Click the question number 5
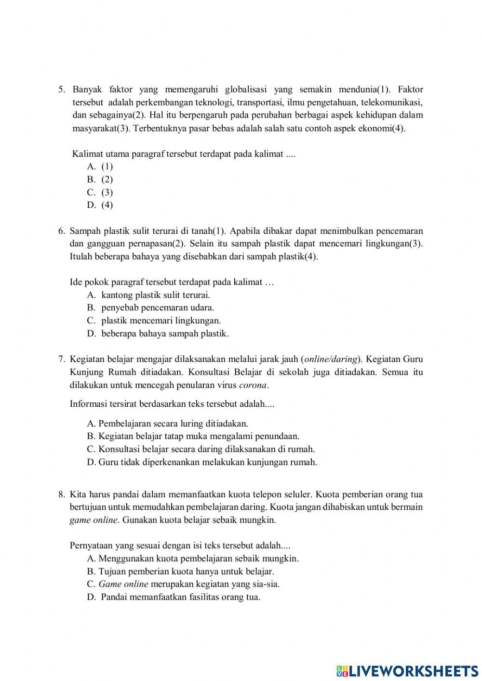tap(61, 90)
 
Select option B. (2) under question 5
tap(100, 179)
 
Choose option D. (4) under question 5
tap(100, 205)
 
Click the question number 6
tap(61, 231)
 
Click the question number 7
tap(61, 359)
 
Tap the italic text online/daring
tap(331, 359)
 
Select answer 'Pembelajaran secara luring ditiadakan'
tap(168, 424)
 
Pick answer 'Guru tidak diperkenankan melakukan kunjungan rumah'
tap(202, 462)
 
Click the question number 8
tap(61, 494)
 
